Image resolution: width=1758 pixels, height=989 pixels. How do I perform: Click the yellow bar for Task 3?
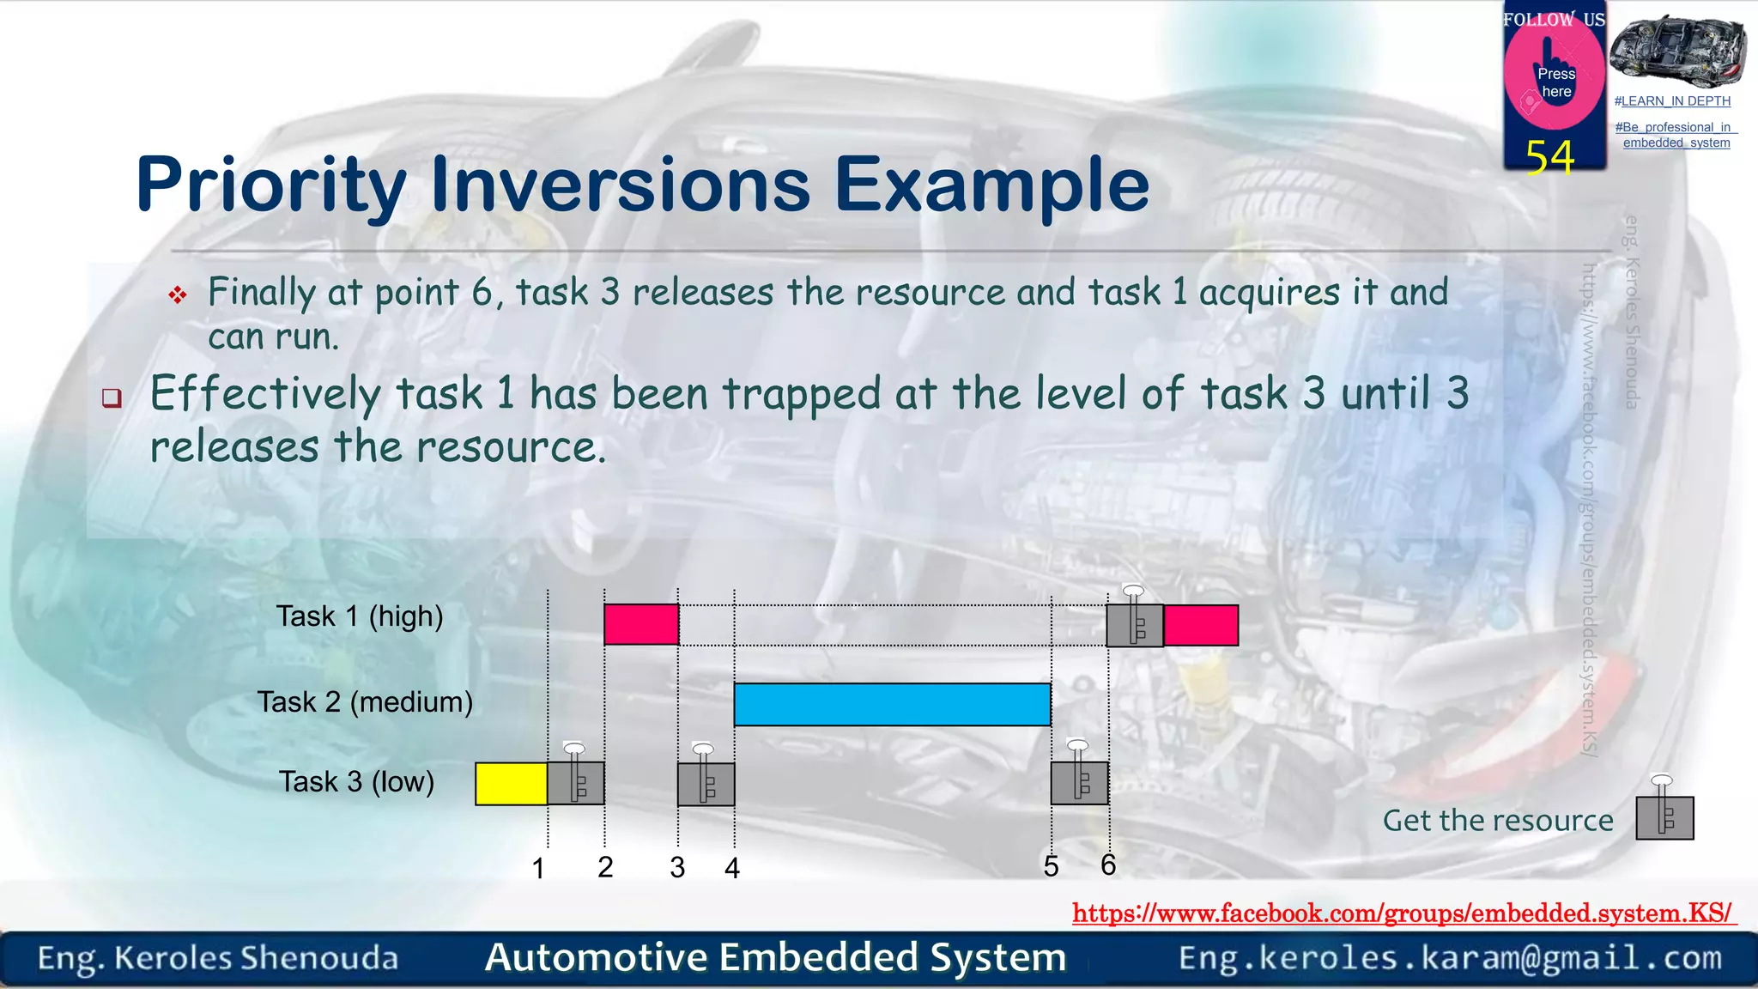pos(512,783)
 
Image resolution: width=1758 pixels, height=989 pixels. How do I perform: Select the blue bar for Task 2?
pos(892,704)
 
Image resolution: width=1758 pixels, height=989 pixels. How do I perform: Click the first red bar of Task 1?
pos(641,624)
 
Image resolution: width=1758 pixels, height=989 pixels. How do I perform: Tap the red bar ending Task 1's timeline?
pos(1201,625)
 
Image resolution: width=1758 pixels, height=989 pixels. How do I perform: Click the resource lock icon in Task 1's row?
pos(1135,624)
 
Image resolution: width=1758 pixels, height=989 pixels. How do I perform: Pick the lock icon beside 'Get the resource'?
pos(1664,816)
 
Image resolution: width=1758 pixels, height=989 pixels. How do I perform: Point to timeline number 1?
pos(538,868)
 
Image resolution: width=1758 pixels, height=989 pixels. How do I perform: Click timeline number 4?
pos(731,868)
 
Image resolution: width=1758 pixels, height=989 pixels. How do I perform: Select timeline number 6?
pos(1108,865)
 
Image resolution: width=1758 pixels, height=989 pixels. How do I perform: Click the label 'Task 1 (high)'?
pos(359,616)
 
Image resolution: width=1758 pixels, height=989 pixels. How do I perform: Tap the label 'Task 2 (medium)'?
pos(365,702)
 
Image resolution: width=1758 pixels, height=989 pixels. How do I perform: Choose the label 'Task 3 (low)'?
pos(356,782)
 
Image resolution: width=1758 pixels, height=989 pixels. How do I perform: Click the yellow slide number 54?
pos(1550,157)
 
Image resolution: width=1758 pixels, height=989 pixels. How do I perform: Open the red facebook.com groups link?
pos(1403,913)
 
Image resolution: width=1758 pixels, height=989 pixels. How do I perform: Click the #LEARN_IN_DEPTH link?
pos(1672,101)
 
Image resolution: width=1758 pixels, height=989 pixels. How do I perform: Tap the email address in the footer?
pos(1450,958)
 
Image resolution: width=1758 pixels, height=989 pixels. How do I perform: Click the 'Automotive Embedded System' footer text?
pos(775,957)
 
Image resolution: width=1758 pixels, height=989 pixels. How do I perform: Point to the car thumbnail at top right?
pos(1676,51)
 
